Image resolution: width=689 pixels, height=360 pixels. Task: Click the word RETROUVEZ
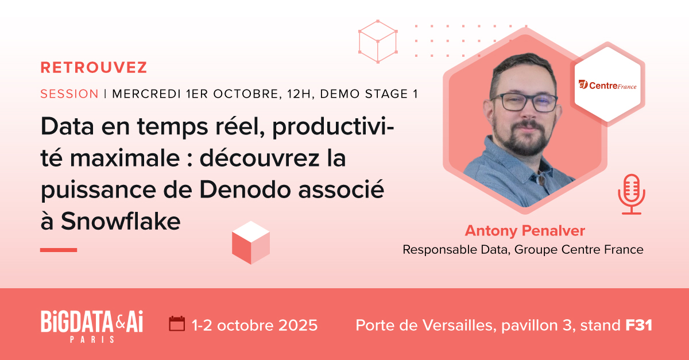point(94,68)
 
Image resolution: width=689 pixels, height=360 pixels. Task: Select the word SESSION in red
point(69,94)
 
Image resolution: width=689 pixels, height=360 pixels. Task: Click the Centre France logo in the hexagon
point(607,86)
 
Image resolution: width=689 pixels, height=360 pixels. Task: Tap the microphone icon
point(632,193)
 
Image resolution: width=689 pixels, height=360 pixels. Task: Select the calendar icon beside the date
point(177,324)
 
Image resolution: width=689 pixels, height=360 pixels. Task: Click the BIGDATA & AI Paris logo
point(91,325)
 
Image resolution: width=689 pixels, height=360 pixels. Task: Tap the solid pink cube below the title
point(251,242)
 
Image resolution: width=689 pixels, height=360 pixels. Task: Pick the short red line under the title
point(59,250)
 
